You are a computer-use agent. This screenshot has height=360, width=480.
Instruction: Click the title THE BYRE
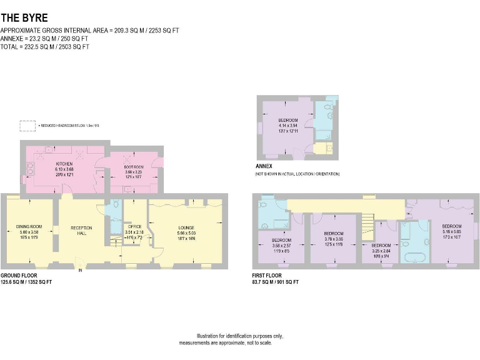[x=24, y=18]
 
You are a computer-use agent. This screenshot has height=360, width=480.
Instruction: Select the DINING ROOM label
[x=29, y=226]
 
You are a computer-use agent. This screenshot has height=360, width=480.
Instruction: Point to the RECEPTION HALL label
[x=81, y=229]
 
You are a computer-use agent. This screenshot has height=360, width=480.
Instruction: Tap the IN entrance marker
[x=80, y=271]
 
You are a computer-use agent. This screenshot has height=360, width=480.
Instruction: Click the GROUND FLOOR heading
[x=18, y=275]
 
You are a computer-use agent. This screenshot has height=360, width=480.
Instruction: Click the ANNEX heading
[x=264, y=166]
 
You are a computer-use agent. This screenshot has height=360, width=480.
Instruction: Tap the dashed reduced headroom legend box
[x=27, y=126]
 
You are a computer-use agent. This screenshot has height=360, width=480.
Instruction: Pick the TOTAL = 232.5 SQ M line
[x=45, y=47]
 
